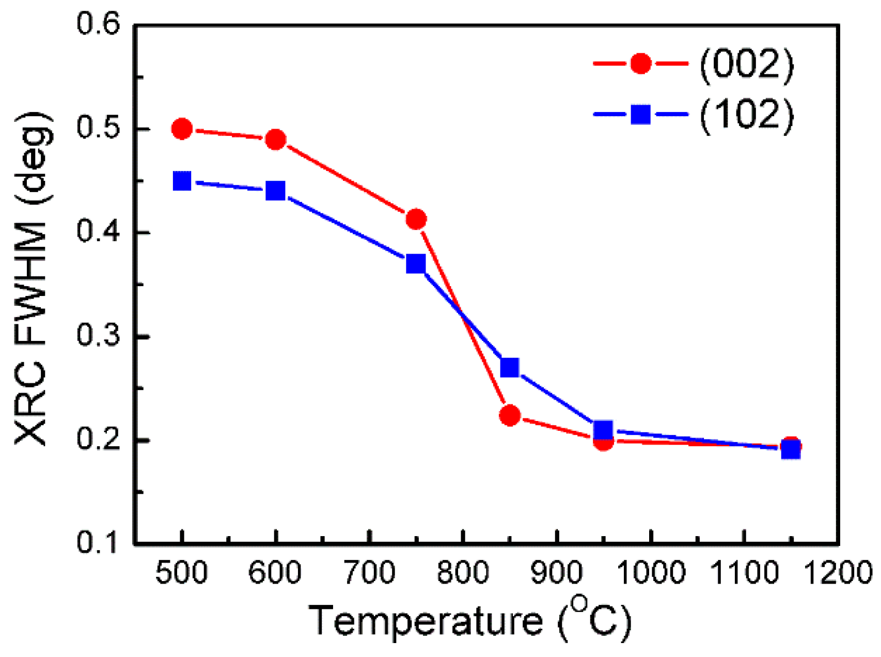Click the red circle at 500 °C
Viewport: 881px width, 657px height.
[x=182, y=129]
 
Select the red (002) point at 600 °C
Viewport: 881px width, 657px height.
[x=276, y=139]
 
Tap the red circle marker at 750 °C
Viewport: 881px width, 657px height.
[x=416, y=220]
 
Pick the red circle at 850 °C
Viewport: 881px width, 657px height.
[x=510, y=415]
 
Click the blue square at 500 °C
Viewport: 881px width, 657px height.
[x=182, y=181]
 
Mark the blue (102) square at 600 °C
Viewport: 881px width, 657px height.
[x=276, y=191]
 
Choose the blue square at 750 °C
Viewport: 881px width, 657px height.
[x=416, y=264]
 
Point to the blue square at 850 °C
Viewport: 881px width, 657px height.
[x=510, y=368]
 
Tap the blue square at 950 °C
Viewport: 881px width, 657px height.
[x=603, y=429]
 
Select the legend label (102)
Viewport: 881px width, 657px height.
[x=747, y=114]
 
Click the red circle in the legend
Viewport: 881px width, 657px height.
[x=641, y=63]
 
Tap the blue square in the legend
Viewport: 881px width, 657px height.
[x=641, y=114]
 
